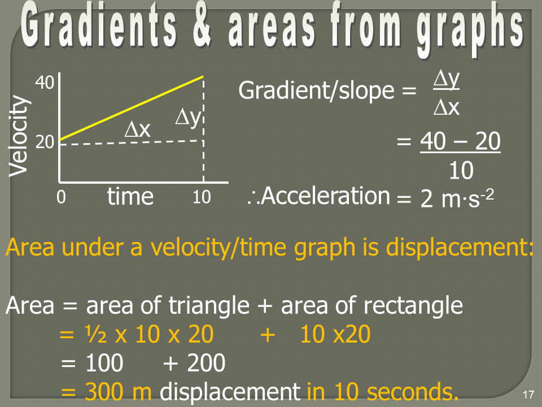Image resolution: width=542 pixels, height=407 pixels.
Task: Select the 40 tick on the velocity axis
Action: (45, 83)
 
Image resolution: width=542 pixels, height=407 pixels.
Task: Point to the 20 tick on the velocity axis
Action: (45, 142)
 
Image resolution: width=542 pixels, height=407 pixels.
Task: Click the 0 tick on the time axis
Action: (61, 197)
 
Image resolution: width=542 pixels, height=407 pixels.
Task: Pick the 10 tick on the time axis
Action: (202, 197)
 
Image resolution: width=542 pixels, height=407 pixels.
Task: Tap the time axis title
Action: (130, 196)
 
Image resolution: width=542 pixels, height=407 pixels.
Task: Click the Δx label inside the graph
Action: (138, 130)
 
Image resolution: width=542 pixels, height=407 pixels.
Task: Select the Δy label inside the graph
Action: (188, 118)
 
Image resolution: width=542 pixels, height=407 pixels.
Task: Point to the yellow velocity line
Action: (132, 108)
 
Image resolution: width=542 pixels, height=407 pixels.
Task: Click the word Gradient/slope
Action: (316, 90)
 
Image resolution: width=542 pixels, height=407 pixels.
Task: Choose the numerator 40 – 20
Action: (461, 141)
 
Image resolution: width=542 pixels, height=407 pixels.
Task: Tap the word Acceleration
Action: (326, 196)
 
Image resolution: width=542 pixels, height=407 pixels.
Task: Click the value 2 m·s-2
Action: (457, 198)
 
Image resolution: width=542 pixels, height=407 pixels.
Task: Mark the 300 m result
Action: (118, 391)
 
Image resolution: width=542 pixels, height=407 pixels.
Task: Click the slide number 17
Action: (528, 395)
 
